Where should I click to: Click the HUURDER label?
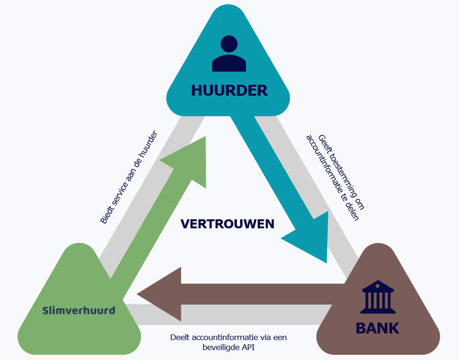[x=229, y=90]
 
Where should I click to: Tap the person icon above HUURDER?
[x=229, y=54]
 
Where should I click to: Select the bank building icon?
[x=378, y=297]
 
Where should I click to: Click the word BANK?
[x=378, y=328]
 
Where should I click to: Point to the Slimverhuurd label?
[x=79, y=310]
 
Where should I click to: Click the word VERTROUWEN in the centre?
[x=227, y=224]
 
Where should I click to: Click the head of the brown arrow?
[x=160, y=294]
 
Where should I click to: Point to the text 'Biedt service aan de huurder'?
[x=129, y=177]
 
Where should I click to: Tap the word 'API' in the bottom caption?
[x=248, y=347]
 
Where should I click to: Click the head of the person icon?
[x=229, y=44]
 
